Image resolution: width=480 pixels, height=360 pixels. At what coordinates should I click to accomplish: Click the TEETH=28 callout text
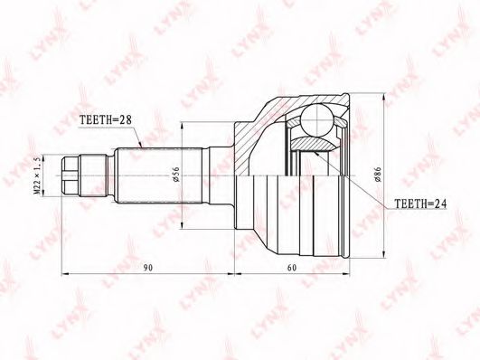[105, 119]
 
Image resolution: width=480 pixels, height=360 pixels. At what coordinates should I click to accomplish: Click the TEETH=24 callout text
[420, 204]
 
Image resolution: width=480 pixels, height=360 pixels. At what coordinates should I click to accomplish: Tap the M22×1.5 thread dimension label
[37, 175]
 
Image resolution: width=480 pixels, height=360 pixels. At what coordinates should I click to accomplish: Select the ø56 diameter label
[176, 175]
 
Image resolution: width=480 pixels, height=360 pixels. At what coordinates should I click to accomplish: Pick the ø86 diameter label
[378, 175]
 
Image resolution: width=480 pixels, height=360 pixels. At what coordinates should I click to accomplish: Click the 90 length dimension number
[148, 268]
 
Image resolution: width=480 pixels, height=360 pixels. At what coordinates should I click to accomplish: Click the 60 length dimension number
[292, 268]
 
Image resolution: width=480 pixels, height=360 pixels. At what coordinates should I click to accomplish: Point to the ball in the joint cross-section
[316, 119]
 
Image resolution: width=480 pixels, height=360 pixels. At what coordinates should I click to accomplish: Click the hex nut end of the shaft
[71, 175]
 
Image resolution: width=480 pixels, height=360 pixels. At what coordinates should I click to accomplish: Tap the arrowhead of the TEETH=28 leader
[140, 146]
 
